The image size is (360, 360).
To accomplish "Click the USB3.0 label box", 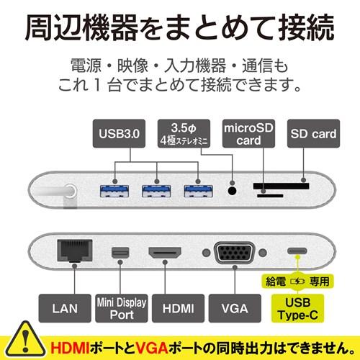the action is click(x=119, y=133).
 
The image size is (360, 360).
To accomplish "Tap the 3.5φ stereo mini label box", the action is click(x=184, y=133).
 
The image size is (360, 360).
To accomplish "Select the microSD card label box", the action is click(x=248, y=133).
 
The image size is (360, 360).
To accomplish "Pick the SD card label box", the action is click(x=313, y=133).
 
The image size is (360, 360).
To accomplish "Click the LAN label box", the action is click(x=65, y=308).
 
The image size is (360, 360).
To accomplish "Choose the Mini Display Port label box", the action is click(x=122, y=308).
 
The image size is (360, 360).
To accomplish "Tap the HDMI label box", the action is click(x=178, y=308).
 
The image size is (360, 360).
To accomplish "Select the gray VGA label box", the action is click(x=235, y=308).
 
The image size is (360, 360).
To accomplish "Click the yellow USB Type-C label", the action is click(x=297, y=308).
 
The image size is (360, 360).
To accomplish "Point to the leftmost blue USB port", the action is click(x=114, y=191).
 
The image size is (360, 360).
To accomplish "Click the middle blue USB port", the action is click(x=156, y=191).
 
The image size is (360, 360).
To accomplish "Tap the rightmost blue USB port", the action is click(x=198, y=191).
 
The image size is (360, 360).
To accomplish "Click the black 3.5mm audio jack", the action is click(x=232, y=191).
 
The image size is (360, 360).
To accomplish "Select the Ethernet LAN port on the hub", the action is click(x=75, y=251).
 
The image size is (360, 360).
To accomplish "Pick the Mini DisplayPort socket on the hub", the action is click(x=120, y=253).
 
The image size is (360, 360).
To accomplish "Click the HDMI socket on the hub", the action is click(x=165, y=253).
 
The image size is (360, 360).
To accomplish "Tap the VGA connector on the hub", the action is click(x=235, y=253).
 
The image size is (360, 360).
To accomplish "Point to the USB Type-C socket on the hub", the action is click(x=297, y=251).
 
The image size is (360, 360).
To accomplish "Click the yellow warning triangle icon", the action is click(x=24, y=341).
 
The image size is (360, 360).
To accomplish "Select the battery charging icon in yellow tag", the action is click(x=297, y=281).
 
